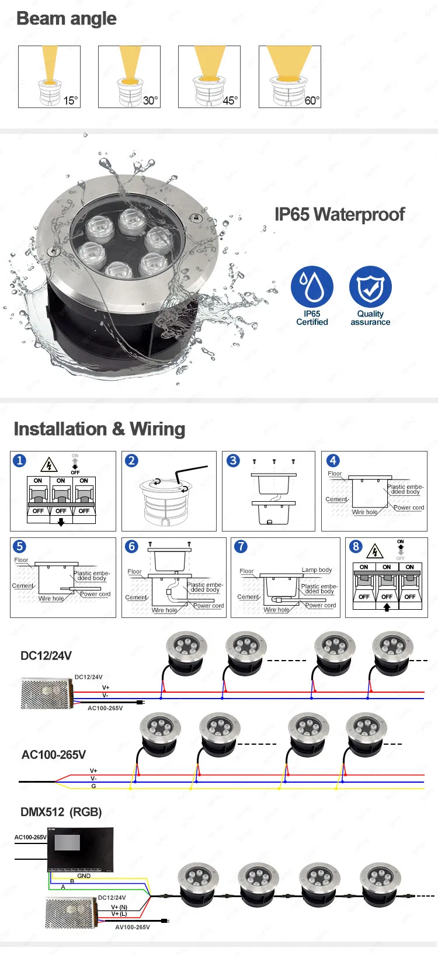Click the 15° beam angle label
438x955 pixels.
click(70, 100)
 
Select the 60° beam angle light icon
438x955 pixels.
click(289, 76)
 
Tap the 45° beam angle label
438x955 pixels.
click(230, 100)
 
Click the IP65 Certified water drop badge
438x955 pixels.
click(312, 287)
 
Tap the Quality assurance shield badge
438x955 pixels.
click(370, 287)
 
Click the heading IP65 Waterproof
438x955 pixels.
click(339, 214)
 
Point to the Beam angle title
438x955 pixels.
click(67, 19)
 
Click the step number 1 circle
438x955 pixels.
click(19, 460)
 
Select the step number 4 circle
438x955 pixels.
click(332, 460)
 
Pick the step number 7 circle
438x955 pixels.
click(241, 546)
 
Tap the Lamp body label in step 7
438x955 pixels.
click(317, 569)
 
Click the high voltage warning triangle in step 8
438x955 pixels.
click(374, 551)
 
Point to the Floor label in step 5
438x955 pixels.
click(21, 560)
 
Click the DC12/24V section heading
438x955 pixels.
click(46, 655)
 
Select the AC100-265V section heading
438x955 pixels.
click(54, 755)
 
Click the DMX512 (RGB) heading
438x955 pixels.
click(61, 812)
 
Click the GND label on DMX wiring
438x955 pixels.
click(84, 876)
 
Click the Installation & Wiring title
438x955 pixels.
click(99, 429)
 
